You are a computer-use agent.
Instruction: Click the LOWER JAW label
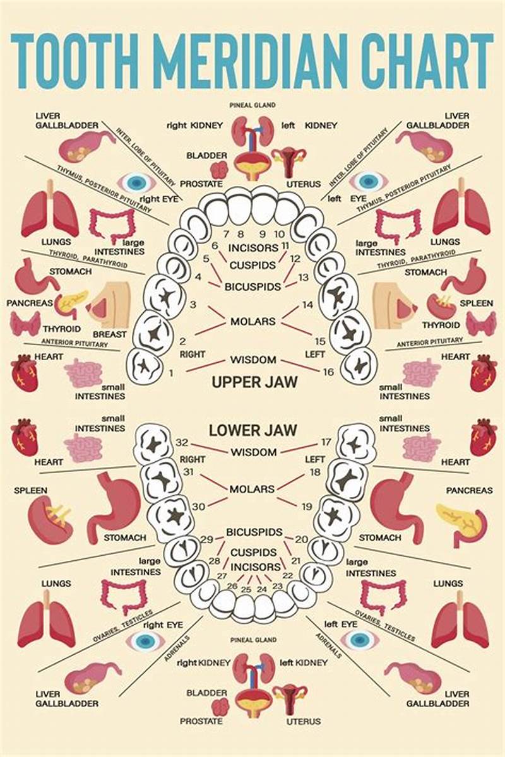252,431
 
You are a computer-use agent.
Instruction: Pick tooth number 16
328,372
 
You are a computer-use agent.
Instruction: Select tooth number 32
182,442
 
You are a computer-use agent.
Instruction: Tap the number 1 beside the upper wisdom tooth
170,373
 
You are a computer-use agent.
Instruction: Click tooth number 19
307,506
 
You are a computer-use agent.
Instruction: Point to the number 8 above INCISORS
241,234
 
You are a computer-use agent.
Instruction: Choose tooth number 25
246,589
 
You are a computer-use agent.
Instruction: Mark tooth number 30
198,506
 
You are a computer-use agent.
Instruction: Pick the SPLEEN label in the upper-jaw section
476,303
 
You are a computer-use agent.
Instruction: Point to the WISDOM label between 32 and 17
253,452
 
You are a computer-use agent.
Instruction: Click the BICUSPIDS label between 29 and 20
254,532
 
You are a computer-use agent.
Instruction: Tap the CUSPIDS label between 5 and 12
252,265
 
